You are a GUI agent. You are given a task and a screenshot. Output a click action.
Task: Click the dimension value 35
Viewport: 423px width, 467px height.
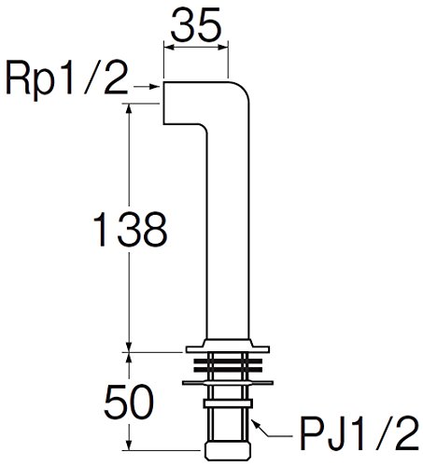tap(196, 25)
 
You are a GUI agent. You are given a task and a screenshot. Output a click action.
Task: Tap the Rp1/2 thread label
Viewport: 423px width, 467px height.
tap(67, 79)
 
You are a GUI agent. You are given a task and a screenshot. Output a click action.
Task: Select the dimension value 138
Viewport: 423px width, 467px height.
tap(130, 229)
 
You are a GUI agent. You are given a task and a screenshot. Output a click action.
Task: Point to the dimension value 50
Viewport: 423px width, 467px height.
tap(129, 402)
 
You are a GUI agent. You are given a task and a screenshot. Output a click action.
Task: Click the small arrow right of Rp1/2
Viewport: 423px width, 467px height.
tap(147, 87)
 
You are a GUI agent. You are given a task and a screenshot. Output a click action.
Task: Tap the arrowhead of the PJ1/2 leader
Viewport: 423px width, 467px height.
tap(255, 423)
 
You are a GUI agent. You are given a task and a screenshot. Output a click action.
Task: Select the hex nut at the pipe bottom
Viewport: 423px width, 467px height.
tap(228, 451)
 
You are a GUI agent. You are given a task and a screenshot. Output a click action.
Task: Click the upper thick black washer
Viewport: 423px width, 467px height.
tap(228, 361)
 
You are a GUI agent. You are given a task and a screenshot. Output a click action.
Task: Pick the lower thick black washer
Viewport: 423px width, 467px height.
tap(228, 370)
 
